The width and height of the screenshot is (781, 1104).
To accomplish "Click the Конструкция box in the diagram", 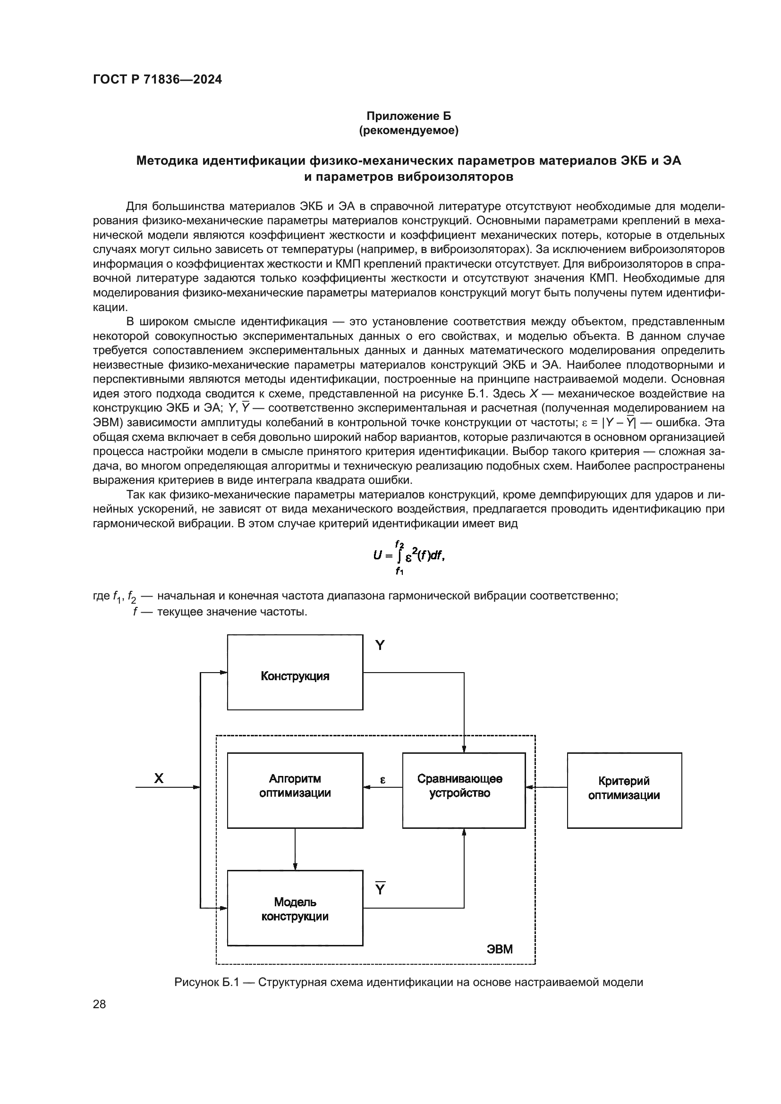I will tap(295, 672).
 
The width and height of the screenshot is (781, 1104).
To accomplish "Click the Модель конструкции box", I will tap(295, 908).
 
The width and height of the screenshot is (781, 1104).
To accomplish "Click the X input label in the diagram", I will tap(159, 778).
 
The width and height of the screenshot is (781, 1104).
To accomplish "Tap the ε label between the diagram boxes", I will tap(383, 780).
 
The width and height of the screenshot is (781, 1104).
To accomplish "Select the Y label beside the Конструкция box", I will tap(380, 645).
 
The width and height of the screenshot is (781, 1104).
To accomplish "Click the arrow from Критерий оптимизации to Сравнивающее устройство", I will tap(546, 787).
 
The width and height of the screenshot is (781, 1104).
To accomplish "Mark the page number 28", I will tap(100, 1004).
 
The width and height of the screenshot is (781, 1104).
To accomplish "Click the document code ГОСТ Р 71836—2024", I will tap(157, 79).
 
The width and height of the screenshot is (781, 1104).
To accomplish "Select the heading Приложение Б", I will tap(409, 116).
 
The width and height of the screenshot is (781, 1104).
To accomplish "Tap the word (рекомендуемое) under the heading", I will tap(409, 130).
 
